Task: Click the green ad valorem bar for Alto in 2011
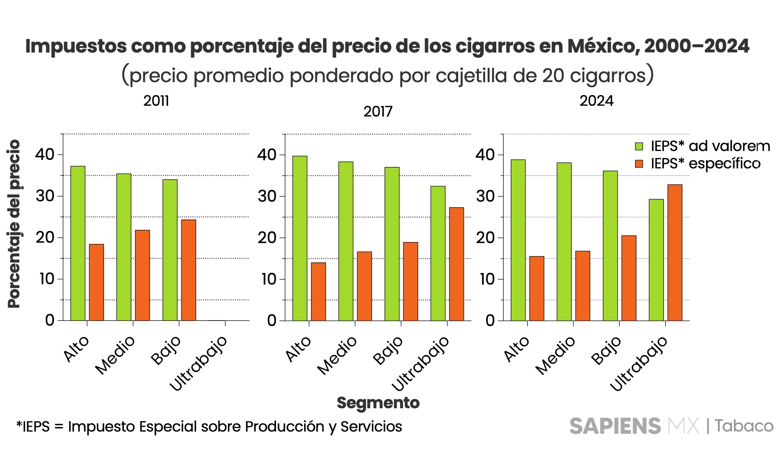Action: point(78,243)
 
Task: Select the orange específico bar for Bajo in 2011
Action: point(188,270)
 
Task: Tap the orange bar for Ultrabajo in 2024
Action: point(675,252)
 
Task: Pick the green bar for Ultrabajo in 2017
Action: point(438,253)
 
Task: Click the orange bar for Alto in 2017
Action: point(318,292)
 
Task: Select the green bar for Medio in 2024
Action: point(564,242)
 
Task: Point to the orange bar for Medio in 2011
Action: point(142,275)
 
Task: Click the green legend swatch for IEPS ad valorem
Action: point(639,147)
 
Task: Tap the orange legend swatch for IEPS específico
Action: point(639,164)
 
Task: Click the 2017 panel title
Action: point(378,111)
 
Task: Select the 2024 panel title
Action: point(596,101)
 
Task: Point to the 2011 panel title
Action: point(156,101)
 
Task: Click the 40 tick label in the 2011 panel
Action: point(45,154)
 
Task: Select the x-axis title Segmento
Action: point(378,403)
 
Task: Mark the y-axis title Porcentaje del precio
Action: point(14,224)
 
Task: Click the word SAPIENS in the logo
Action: point(615,426)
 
